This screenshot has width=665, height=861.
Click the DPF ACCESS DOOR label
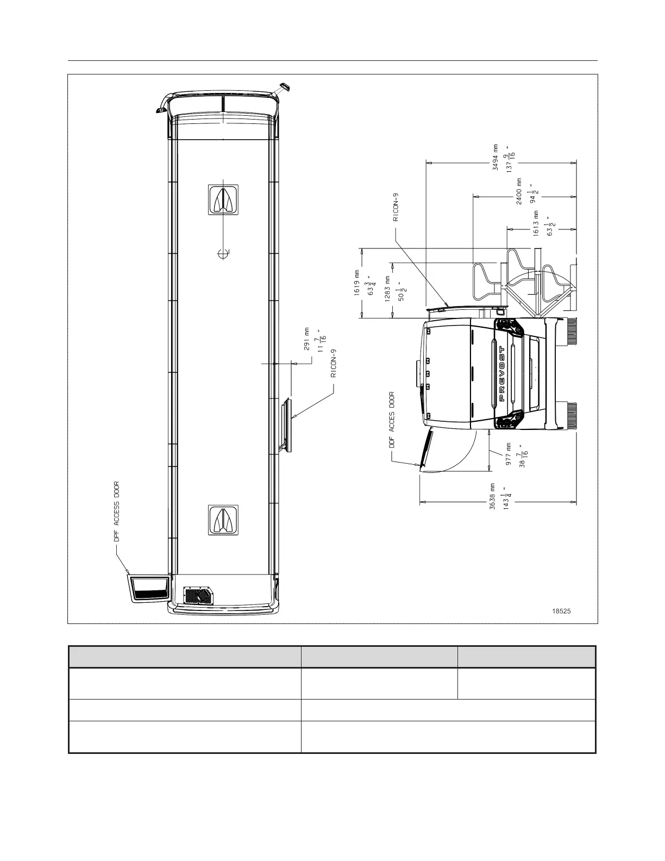coord(116,511)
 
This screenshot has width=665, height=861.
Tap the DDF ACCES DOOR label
coord(392,420)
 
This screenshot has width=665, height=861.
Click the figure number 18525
coord(561,611)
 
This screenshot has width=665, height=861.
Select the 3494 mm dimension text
coord(495,157)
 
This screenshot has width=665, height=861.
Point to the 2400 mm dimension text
coord(519,191)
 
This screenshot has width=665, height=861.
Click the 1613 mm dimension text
coord(536,224)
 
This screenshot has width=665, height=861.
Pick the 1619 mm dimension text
coord(357,283)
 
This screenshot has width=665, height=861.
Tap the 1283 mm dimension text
coord(388,289)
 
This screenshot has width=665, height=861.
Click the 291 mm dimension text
coord(307,339)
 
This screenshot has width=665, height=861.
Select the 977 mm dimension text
coord(509,454)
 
